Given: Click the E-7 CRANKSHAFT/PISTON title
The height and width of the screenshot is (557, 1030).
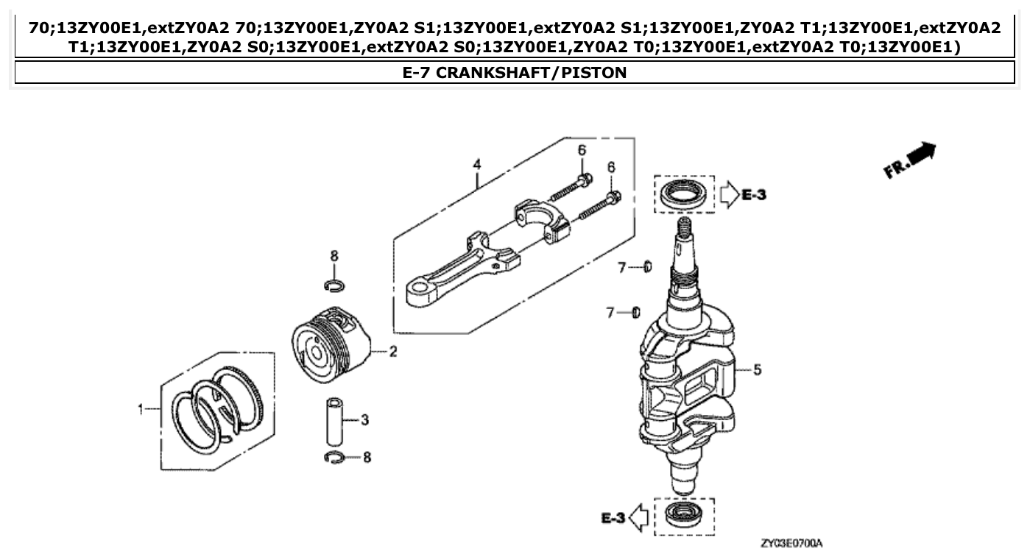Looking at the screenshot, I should point(515,72).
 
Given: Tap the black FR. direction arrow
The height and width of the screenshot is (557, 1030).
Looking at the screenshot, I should point(920,155).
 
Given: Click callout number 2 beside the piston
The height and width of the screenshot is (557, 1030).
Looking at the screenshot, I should point(393,352).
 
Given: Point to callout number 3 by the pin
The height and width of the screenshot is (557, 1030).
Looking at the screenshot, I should point(364,419).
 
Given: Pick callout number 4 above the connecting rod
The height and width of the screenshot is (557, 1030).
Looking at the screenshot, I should point(477,163).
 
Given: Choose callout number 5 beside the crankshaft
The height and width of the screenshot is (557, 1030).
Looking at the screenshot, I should point(757,369).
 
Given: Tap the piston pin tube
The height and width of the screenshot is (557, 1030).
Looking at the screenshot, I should point(335,422).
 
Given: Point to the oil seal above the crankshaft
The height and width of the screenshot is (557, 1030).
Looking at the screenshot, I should point(684,195).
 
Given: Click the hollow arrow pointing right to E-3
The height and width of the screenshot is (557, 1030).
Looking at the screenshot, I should point(728,195).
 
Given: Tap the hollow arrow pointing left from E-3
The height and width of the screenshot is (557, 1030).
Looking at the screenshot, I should point(640,518).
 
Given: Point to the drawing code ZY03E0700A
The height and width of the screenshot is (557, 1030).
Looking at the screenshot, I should point(791,543).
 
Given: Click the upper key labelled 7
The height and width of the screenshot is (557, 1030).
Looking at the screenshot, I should point(647,266).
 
